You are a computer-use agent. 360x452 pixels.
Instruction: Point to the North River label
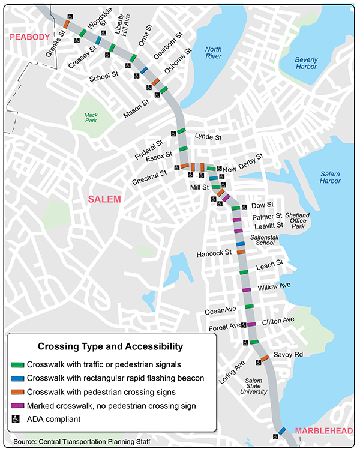pos(214,53)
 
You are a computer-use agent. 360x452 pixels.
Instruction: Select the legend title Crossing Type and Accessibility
pos(110,346)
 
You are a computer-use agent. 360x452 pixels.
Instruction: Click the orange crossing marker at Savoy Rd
pos(264,360)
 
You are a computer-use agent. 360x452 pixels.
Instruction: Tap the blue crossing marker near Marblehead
pos(281,430)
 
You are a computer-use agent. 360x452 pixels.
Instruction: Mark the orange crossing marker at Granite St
pos(66,24)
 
